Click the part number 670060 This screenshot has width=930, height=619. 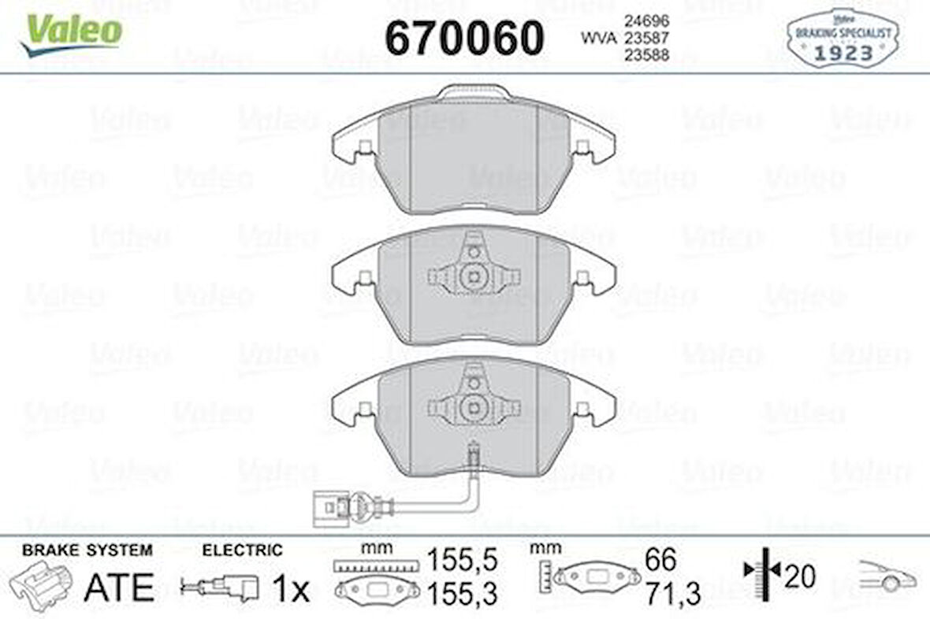(464, 37)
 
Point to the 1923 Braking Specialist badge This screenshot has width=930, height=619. (842, 39)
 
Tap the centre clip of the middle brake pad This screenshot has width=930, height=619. (473, 276)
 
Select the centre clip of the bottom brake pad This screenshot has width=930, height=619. (473, 406)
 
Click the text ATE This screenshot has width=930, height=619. (118, 586)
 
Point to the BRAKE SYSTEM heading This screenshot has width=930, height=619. (87, 550)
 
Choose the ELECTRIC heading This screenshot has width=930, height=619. (241, 550)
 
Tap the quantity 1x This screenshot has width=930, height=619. (291, 587)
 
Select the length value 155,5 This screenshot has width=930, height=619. (463, 561)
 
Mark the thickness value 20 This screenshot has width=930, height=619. (799, 577)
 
